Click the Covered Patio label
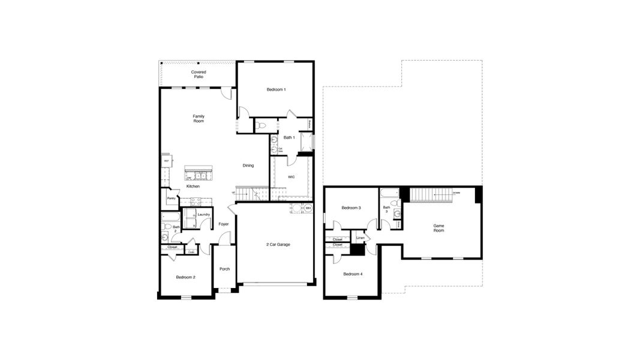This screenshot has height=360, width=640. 199,74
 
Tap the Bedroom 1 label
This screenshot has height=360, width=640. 276,89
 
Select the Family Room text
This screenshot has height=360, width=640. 199,118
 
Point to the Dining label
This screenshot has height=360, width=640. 248,166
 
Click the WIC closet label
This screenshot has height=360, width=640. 291,177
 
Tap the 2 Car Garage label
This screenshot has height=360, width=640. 278,244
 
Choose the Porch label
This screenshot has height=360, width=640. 224,269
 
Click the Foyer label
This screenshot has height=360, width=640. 223,224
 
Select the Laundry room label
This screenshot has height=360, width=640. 203,214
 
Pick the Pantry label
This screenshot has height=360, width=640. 171,198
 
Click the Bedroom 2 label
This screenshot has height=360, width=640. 185,277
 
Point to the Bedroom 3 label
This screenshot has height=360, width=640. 351,208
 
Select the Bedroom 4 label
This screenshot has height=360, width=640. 352,274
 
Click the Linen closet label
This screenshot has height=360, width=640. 360,238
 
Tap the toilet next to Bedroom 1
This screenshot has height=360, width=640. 261,126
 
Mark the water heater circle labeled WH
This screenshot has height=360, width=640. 307,208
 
